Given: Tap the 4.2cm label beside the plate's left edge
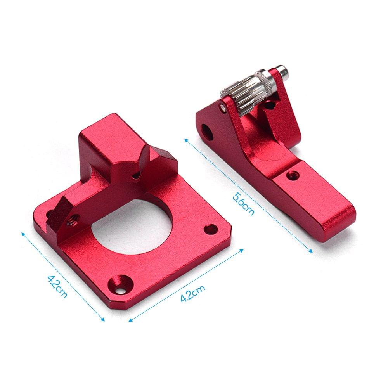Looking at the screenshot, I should coord(57,286).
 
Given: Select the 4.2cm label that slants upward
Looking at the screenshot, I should coord(193,294).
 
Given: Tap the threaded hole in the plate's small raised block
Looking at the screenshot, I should coord(72,220).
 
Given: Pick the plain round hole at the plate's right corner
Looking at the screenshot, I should coord(211,229).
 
